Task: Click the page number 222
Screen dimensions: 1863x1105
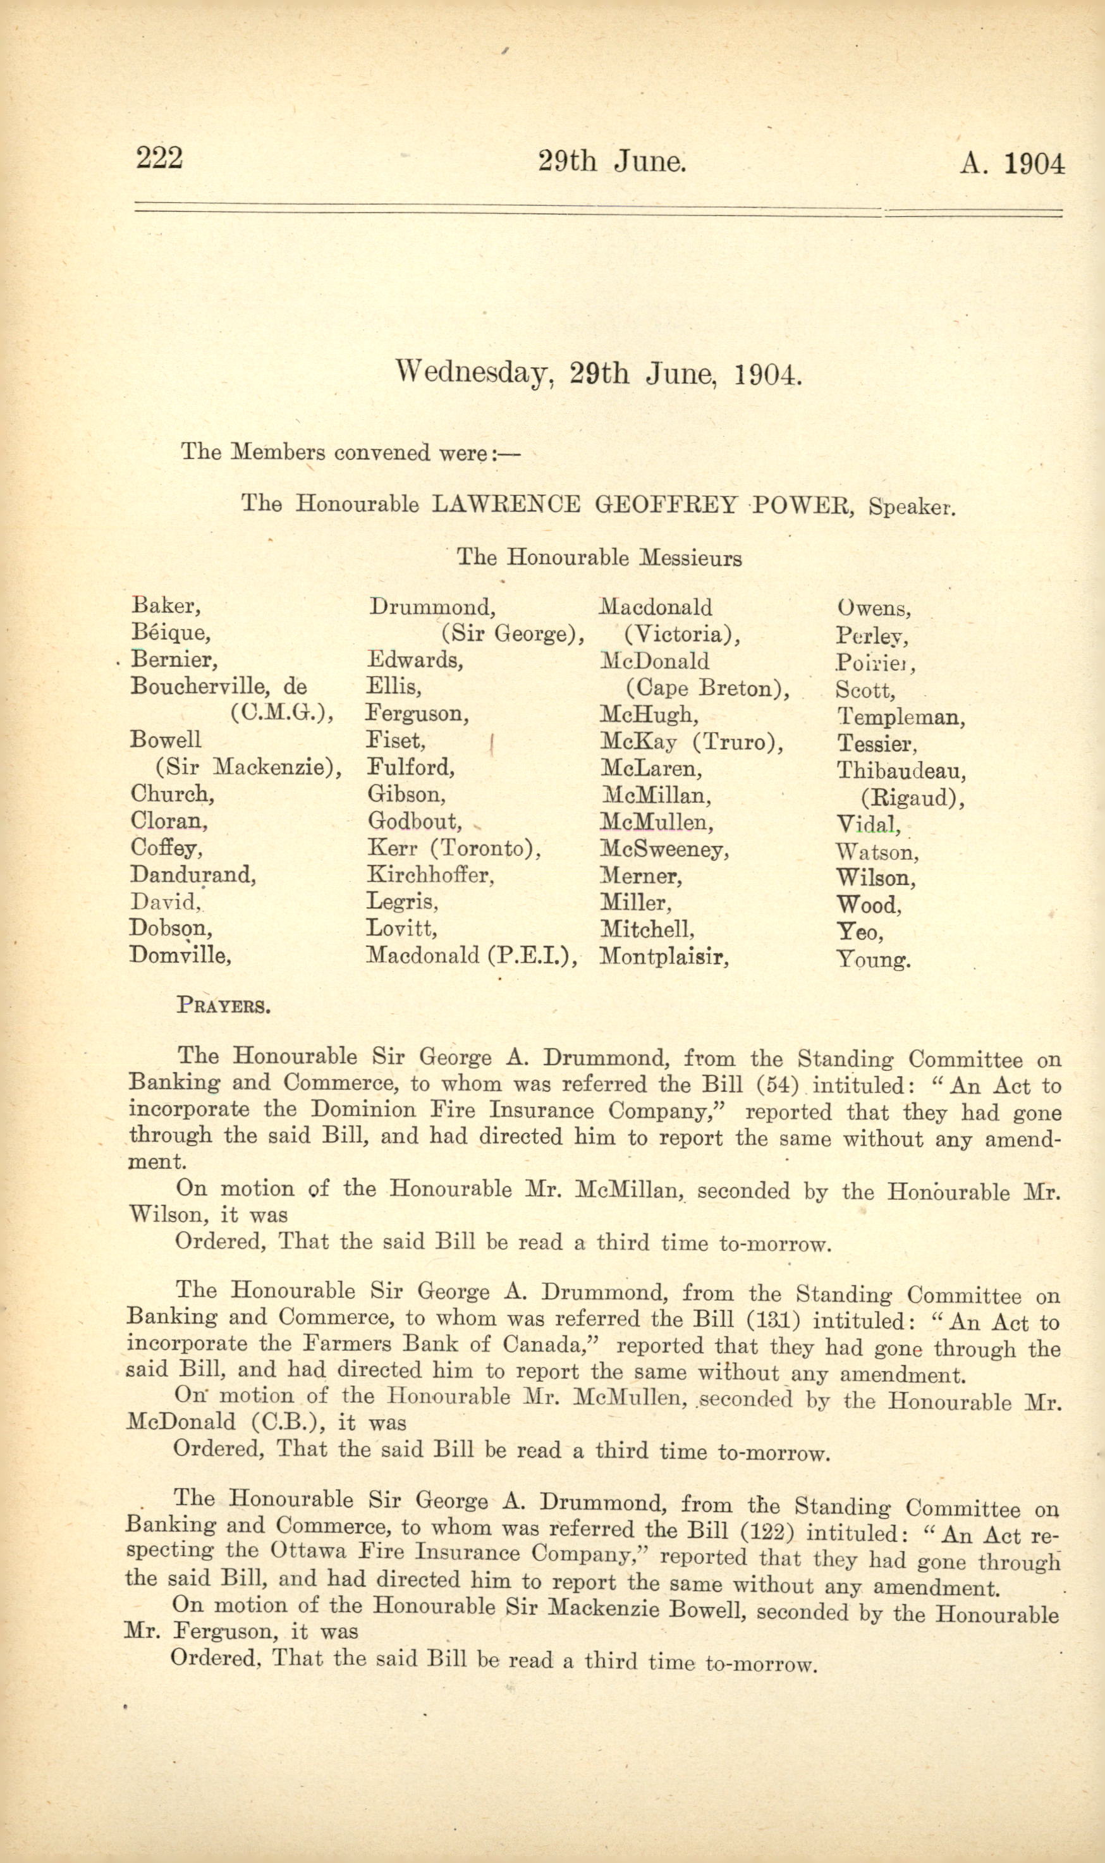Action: click(x=159, y=159)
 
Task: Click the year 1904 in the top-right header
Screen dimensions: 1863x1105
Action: click(x=1034, y=164)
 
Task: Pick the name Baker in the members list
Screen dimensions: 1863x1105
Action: click(x=164, y=606)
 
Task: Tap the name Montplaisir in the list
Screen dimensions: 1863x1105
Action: click(x=664, y=955)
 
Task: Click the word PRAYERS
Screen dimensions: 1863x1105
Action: click(x=223, y=1006)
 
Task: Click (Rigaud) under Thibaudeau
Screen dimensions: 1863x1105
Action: click(x=912, y=797)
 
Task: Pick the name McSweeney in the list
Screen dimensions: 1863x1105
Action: click(x=664, y=849)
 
